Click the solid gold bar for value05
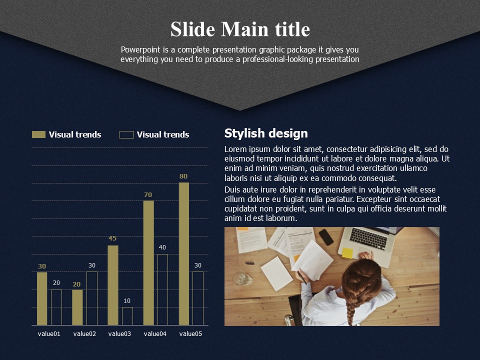183,254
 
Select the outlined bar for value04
162,289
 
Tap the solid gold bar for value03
112,285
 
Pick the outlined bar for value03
127,316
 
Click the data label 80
183,176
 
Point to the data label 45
112,238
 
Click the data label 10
127,301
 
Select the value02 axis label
84,333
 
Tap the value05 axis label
190,333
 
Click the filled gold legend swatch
38,134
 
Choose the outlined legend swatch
126,134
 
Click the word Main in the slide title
245,29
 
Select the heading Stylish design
266,133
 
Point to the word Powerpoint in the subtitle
140,49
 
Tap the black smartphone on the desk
326,237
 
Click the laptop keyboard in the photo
368,238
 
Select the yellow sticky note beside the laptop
347,253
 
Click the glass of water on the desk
242,278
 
